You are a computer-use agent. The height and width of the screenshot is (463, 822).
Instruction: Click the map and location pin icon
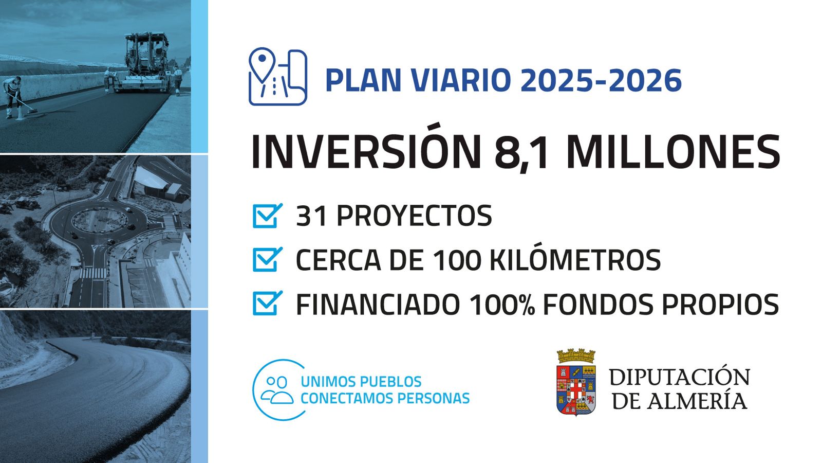click(x=278, y=77)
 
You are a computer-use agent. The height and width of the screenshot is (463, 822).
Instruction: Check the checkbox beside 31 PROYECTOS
click(x=268, y=216)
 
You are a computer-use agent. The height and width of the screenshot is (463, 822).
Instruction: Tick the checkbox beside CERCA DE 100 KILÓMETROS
click(x=268, y=259)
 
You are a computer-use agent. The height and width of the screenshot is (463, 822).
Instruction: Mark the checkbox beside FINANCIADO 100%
click(x=268, y=303)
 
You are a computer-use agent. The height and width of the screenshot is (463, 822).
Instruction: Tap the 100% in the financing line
click(x=501, y=304)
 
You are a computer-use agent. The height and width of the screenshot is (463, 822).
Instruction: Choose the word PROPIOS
click(x=720, y=304)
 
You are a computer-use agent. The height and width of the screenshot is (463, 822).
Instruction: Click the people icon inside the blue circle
click(x=277, y=390)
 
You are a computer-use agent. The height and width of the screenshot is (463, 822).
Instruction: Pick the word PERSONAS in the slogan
click(x=434, y=398)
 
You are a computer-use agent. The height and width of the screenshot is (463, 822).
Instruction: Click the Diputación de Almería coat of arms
click(x=576, y=382)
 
